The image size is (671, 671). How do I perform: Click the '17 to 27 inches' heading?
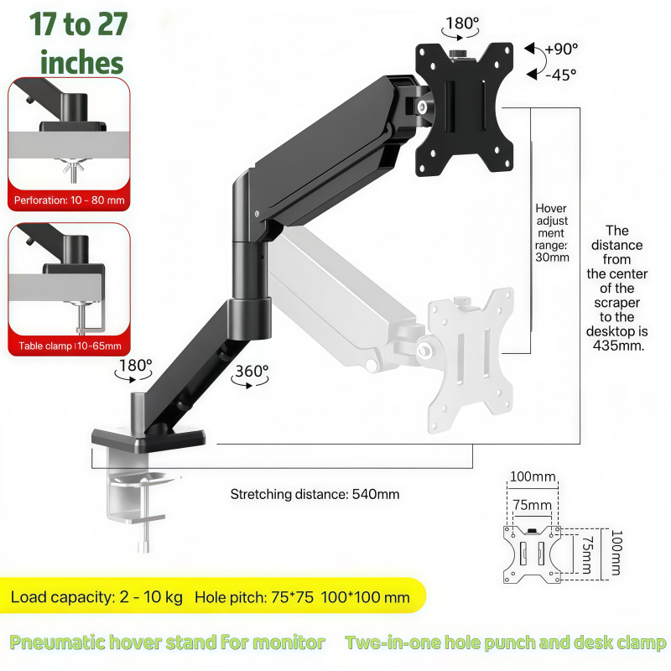[x=78, y=43]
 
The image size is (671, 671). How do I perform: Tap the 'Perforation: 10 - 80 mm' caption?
[x=70, y=200]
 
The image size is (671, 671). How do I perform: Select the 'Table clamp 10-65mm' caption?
[x=70, y=346]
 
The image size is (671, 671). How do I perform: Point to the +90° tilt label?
[x=561, y=49]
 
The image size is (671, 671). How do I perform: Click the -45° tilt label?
[x=560, y=75]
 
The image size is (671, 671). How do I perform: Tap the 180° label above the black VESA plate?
[x=462, y=23]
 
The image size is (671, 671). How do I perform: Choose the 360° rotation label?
[x=252, y=371]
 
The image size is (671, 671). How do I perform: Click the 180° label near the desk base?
[x=135, y=365]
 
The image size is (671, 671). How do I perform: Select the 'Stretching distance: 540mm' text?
[x=315, y=494]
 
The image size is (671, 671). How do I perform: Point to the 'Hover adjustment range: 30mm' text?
[x=552, y=232]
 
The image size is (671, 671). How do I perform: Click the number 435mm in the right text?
[x=618, y=346]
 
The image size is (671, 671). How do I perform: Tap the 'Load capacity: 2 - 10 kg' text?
[x=96, y=597]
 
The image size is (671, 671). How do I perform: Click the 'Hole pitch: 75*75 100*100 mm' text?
[x=302, y=597]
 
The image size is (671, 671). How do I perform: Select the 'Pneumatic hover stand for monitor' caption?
[x=167, y=642]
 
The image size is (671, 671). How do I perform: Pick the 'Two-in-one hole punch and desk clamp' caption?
[x=506, y=642]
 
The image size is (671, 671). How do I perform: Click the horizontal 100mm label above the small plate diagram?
[x=533, y=476]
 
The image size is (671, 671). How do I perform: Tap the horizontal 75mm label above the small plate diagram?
[x=532, y=505]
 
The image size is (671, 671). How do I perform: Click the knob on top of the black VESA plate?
[x=459, y=54]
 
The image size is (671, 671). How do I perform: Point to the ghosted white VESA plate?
[x=471, y=360]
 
